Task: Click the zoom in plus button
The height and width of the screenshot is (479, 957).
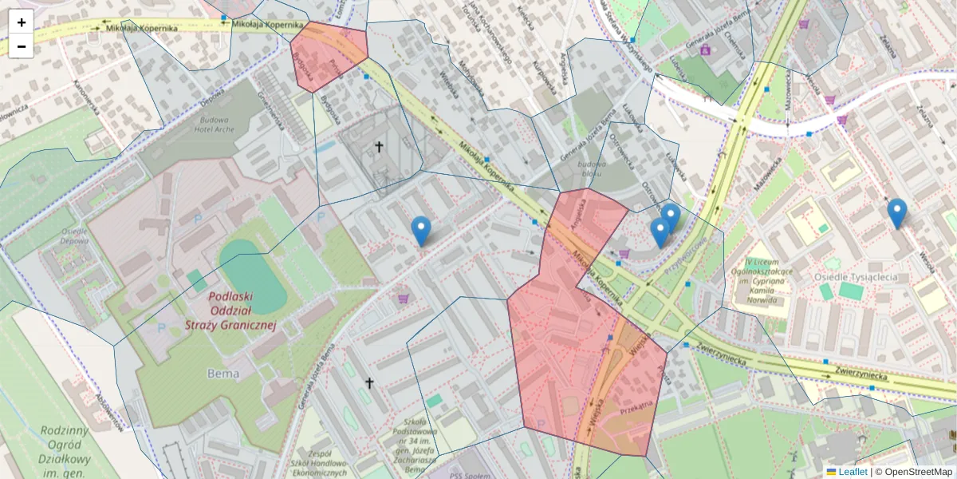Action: click(22, 22)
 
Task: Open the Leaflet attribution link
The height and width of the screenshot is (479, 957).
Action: click(853, 472)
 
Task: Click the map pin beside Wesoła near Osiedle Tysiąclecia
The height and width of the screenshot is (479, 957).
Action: click(897, 213)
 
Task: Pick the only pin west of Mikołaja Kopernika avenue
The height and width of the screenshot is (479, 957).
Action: click(421, 231)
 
